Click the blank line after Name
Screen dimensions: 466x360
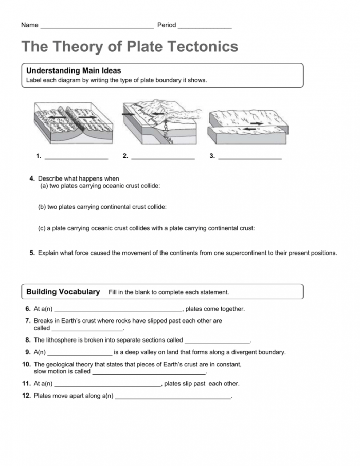pos(97,26)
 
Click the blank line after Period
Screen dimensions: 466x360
pos(205,26)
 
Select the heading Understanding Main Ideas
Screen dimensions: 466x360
pos(74,71)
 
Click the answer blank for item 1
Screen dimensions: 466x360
pos(76,157)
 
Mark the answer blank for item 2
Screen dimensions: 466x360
pos(163,157)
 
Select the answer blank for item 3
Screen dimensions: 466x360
pos(250,157)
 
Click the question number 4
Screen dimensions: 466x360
pos(32,179)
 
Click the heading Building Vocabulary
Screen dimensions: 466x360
pos(63,292)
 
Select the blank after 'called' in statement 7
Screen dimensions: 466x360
pos(87,329)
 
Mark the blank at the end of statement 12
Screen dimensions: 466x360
pos(173,398)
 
